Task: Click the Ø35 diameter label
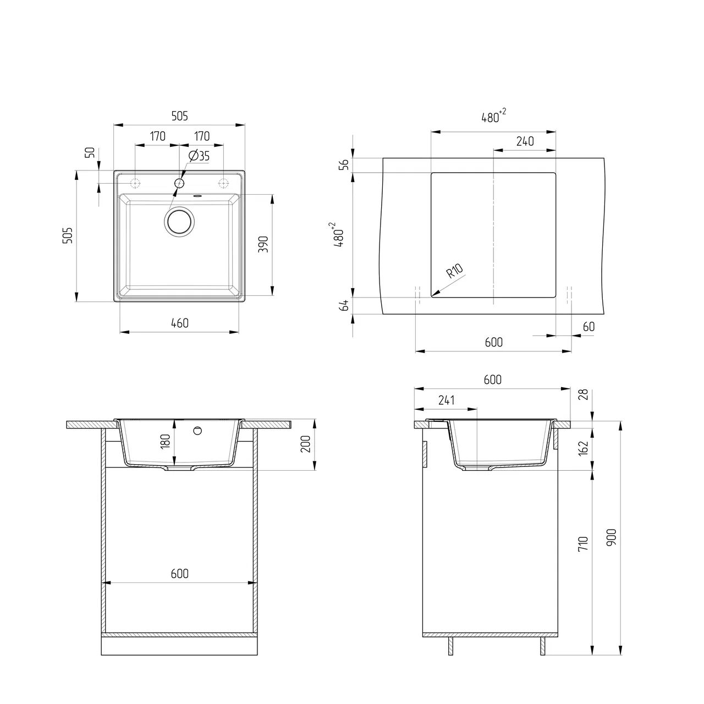(x=199, y=156)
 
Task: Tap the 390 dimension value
(x=263, y=244)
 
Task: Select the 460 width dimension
(x=180, y=323)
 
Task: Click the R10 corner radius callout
(x=455, y=271)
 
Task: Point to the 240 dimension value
(x=525, y=141)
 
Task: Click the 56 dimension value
(x=344, y=165)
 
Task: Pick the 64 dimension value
(x=344, y=305)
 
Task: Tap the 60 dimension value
(x=588, y=326)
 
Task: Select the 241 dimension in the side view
(x=447, y=400)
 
